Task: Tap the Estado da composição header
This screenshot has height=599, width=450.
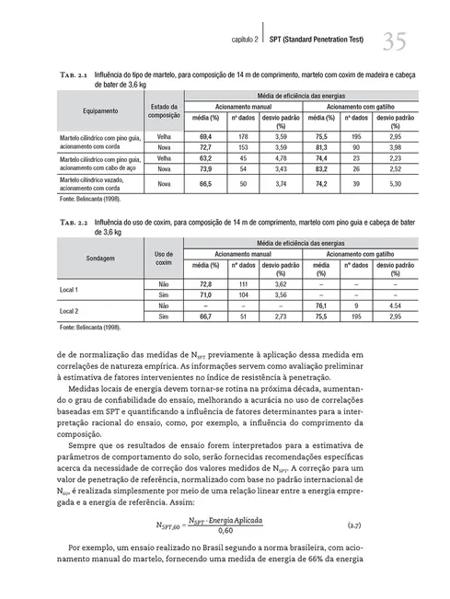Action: (x=163, y=112)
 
